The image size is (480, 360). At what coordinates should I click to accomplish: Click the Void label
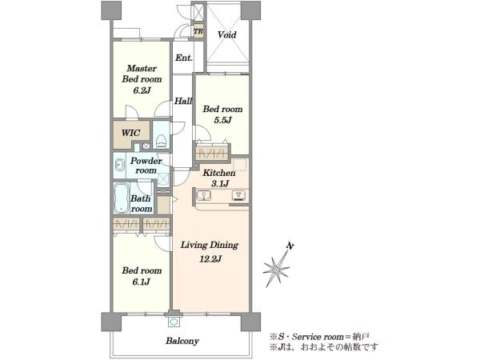point(227,34)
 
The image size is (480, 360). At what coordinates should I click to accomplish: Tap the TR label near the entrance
point(198,31)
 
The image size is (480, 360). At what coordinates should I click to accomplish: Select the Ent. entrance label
point(184,58)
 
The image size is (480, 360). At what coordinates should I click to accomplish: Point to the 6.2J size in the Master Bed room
point(142,90)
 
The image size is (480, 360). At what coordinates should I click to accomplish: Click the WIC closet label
point(130,133)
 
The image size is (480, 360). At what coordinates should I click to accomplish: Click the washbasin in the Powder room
point(119,166)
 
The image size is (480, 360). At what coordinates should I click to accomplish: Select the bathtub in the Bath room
point(122,198)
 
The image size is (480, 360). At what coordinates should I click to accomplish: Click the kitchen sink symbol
point(203,195)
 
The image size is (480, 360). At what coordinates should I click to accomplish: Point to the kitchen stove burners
point(239,195)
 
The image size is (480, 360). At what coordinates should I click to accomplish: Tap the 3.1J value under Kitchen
point(219,184)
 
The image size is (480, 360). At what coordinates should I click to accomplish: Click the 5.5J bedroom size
point(222,120)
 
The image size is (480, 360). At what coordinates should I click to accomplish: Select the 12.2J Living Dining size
point(210,259)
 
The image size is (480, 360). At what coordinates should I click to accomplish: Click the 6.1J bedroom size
point(141,282)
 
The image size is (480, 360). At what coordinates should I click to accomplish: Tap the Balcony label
point(182,341)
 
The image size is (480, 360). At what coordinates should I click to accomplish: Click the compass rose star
point(277,270)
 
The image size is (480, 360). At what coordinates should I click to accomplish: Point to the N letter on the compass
point(290,246)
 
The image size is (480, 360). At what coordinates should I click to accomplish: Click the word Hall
point(183,101)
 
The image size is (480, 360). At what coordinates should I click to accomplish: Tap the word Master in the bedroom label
point(142,68)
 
